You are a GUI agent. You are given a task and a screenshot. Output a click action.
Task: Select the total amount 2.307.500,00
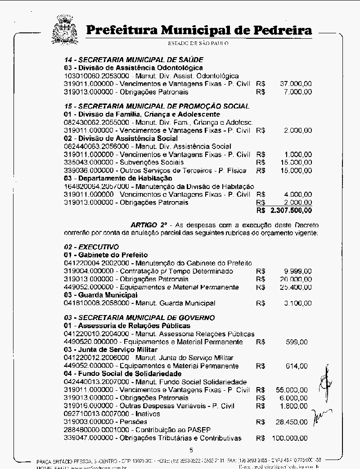(291, 210)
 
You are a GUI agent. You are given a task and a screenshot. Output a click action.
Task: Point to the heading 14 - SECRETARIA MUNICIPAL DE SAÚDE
(134, 59)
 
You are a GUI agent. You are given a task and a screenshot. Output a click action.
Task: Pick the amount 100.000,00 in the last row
(291, 438)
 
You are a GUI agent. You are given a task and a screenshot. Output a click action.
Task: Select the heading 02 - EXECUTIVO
(91, 247)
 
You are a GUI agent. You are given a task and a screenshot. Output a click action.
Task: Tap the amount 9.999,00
(298, 271)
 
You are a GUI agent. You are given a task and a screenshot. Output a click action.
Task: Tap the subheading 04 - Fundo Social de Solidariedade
(122, 374)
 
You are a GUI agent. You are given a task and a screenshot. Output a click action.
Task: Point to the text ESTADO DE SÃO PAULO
(198, 44)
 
